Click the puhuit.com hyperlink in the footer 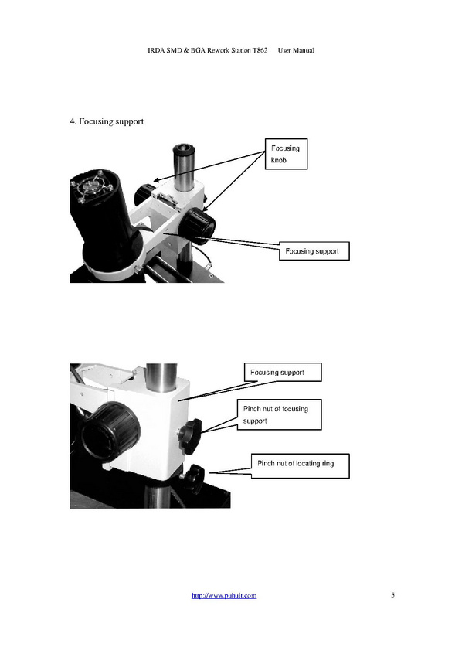(x=224, y=595)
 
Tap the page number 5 (x=392, y=594)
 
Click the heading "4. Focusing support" (x=107, y=121)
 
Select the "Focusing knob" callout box (x=287, y=154)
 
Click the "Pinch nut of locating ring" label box (x=301, y=466)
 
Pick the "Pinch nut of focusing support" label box (x=280, y=414)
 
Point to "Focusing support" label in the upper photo (x=314, y=251)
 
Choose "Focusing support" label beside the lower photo (x=283, y=372)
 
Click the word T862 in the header (x=260, y=50)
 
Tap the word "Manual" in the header (x=303, y=50)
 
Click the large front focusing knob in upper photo (x=199, y=226)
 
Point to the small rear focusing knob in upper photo (x=144, y=192)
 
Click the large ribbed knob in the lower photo (x=110, y=431)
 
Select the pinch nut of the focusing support (x=190, y=436)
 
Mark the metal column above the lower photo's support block (x=161, y=377)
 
